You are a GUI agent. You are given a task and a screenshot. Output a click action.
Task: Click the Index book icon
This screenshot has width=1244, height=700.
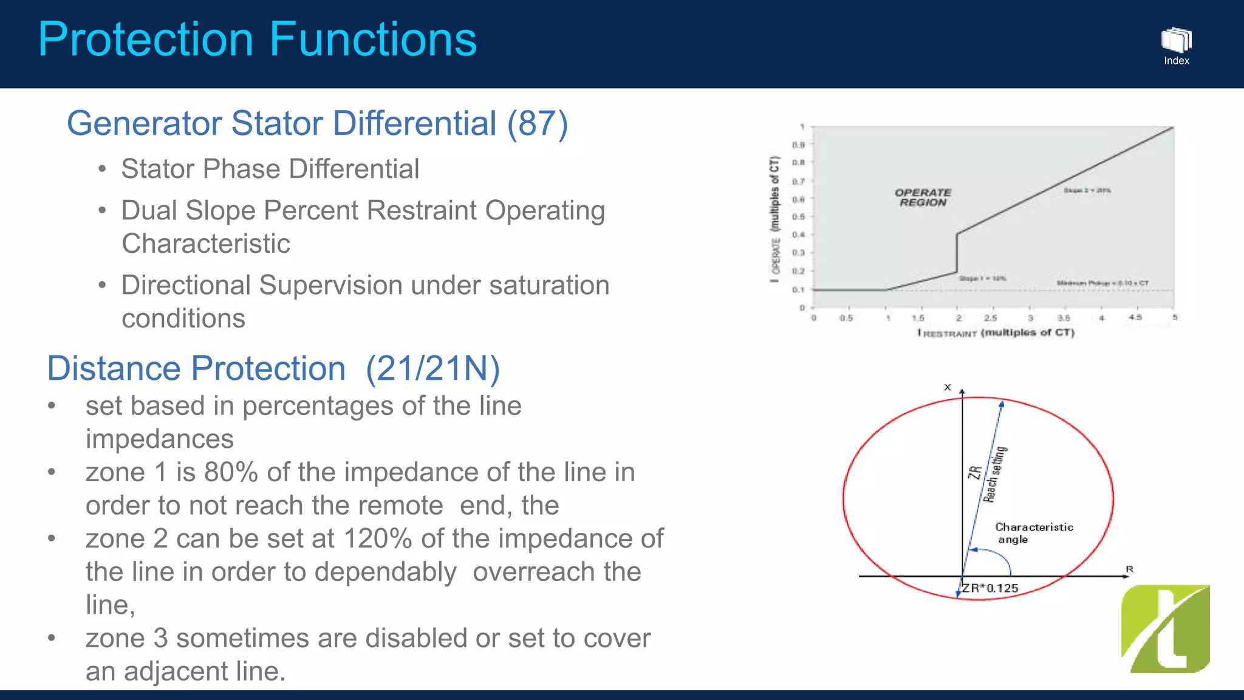[1177, 40]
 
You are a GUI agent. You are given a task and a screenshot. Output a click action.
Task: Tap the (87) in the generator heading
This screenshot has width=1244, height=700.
[538, 123]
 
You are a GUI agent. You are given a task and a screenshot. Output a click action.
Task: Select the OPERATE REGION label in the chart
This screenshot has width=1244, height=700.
[923, 197]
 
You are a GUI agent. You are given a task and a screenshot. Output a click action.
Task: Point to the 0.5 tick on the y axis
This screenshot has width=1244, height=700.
[799, 217]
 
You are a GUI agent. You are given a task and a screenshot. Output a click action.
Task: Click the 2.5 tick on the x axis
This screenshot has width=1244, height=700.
[990, 318]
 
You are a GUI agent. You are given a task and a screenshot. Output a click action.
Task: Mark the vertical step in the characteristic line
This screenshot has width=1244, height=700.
[957, 253]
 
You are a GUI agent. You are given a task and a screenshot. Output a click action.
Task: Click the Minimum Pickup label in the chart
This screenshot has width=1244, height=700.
[1102, 283]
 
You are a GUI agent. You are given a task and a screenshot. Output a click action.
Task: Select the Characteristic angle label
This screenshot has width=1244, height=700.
[1033, 533]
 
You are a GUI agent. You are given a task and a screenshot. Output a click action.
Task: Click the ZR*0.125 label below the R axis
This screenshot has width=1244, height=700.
[989, 588]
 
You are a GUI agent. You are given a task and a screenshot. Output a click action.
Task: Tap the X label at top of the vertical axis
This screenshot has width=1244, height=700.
[948, 388]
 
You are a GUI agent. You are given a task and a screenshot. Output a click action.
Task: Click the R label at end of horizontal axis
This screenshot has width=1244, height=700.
[1129, 569]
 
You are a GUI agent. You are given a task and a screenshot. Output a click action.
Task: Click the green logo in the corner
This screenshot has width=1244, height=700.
[1165, 629]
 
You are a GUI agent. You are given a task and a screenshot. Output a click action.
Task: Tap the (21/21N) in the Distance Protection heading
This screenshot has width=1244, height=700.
[432, 369]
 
